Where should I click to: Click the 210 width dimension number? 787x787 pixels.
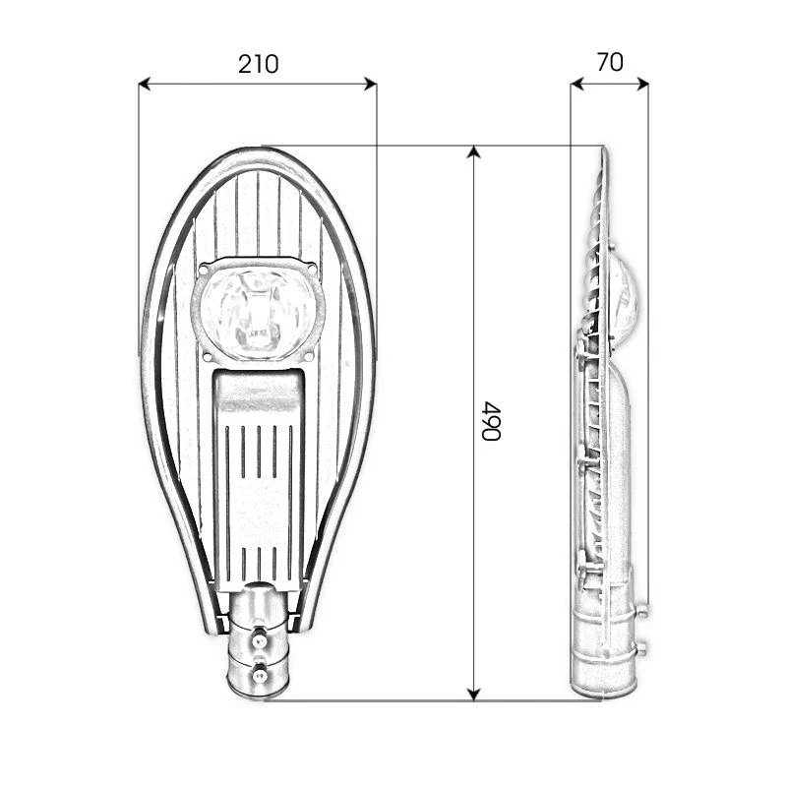point(258,64)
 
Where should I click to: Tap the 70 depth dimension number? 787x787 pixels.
point(610,62)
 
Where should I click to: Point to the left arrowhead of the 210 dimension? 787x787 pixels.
point(144,85)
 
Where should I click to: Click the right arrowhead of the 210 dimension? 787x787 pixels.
point(371,85)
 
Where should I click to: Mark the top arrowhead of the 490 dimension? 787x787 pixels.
point(474,151)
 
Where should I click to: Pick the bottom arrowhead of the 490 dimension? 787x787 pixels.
point(474,695)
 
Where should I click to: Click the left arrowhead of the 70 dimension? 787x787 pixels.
point(576,85)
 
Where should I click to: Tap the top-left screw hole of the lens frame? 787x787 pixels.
point(204,267)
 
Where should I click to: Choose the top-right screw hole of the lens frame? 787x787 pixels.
point(312,267)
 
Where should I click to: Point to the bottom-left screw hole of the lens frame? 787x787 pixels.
point(207,353)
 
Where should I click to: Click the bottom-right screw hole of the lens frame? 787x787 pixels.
point(310,353)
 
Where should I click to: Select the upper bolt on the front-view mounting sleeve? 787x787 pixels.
point(260,641)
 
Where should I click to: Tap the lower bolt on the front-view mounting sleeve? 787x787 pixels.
point(260,675)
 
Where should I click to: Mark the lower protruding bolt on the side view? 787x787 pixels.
point(641,648)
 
